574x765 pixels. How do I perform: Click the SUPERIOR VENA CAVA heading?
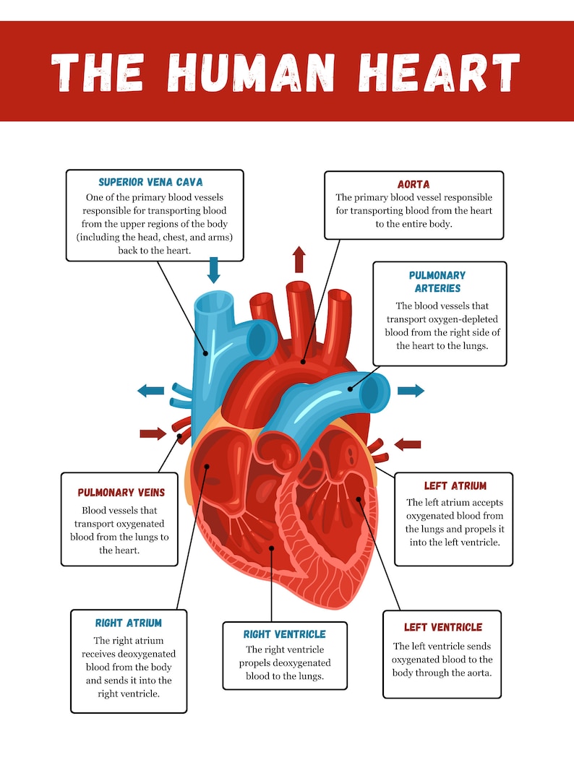[x=150, y=182]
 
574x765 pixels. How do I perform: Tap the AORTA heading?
[x=414, y=184]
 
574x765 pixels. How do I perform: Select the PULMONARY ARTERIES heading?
[x=437, y=282]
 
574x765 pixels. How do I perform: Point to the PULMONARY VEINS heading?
[x=121, y=493]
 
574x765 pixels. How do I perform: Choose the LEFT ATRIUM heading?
[x=455, y=486]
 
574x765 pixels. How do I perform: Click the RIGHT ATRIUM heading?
[x=129, y=623]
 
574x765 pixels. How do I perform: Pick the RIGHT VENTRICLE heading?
[x=284, y=634]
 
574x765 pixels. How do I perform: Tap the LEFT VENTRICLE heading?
[x=442, y=627]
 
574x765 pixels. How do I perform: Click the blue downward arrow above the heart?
[x=213, y=269]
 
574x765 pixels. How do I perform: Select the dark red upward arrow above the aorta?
[x=299, y=259]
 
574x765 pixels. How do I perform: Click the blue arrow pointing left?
[x=151, y=391]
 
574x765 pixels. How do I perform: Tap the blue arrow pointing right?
[x=411, y=391]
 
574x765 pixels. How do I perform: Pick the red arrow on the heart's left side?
[x=153, y=433]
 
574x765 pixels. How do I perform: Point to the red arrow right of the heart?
[x=407, y=444]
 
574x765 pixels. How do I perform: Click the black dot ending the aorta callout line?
[x=304, y=360]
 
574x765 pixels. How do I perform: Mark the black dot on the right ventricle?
[x=271, y=548]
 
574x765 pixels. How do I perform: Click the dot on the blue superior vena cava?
[x=206, y=353]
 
